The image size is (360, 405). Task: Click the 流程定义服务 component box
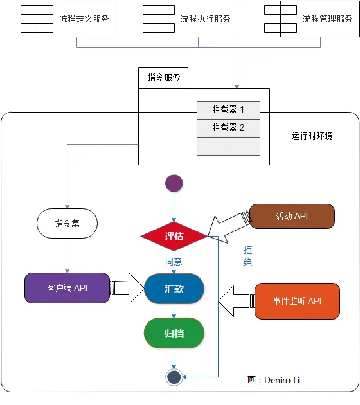77,19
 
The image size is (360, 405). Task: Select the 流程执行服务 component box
199,19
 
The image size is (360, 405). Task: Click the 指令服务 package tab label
164,77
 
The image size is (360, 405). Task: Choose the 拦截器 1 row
228,109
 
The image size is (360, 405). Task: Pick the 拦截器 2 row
228,127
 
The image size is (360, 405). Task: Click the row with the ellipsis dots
228,147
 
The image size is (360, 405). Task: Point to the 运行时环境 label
312,136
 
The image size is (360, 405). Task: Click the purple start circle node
174,183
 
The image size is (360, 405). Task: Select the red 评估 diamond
174,236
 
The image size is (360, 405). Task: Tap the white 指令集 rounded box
67,224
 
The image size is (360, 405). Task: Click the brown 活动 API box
292,216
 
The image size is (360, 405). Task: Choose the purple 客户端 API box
67,288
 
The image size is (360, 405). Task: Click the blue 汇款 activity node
174,289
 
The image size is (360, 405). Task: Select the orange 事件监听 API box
297,301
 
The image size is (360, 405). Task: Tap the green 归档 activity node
174,334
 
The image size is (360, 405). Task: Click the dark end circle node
174,377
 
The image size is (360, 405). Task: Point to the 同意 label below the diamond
174,262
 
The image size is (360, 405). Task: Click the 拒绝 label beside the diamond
248,256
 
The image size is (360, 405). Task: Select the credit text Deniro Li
282,380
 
